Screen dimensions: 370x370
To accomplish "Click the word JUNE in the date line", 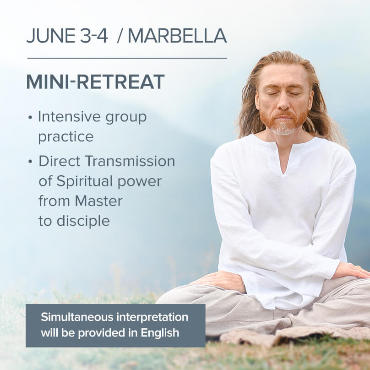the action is click(50, 36).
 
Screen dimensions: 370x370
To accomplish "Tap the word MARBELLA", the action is click(177, 36).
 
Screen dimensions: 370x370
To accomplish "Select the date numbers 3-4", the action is click(94, 36).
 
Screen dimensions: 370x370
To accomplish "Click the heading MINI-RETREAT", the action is click(95, 82).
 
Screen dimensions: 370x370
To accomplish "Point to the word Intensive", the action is click(70, 117).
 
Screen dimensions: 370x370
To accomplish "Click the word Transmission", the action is click(130, 161).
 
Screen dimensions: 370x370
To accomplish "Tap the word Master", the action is click(98, 201).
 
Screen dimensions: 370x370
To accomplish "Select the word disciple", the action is click(83, 221).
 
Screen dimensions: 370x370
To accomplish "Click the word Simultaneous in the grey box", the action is click(77, 317).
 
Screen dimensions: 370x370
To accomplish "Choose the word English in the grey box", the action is click(160, 333).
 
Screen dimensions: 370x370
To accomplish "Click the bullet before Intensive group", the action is click(30, 117).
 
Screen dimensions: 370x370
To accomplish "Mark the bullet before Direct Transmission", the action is click(30, 162).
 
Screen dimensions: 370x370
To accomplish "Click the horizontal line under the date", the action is click(127, 58).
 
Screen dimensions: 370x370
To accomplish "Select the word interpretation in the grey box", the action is click(152, 317).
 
